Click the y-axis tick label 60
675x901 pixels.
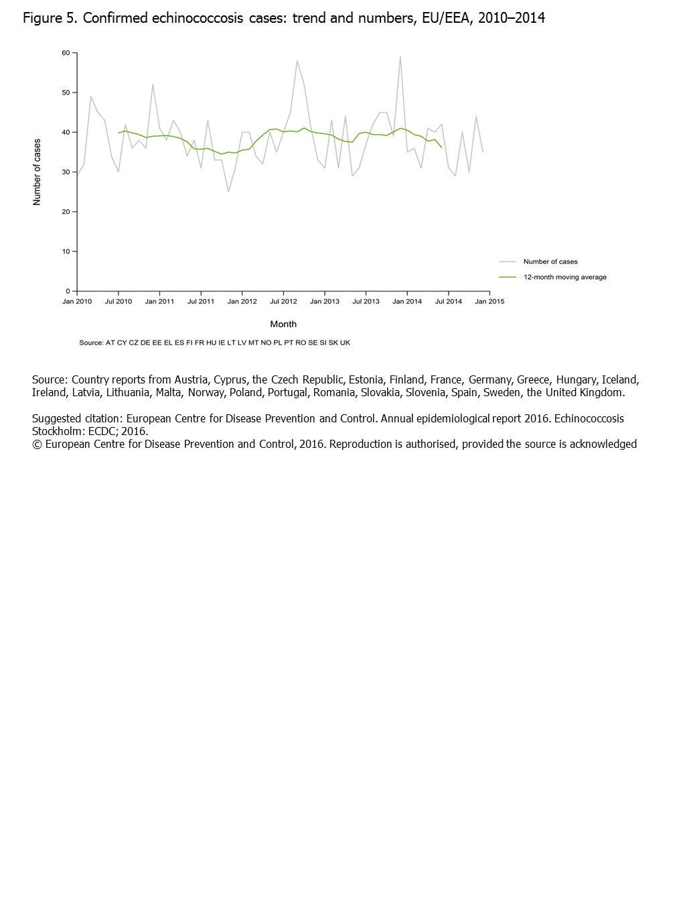point(66,53)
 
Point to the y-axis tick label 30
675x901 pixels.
point(66,172)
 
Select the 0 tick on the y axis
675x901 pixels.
point(68,292)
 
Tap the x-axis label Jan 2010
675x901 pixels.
point(77,302)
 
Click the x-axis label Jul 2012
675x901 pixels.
point(283,302)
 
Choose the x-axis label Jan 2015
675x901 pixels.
point(490,302)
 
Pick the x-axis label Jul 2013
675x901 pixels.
point(366,302)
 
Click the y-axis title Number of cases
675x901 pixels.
point(37,172)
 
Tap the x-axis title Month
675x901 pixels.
point(283,324)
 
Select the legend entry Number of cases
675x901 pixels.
point(550,262)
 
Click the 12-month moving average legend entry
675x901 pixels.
point(565,278)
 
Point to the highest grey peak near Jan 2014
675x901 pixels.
point(400,57)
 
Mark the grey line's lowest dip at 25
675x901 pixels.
point(228,192)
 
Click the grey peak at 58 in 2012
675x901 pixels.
point(297,61)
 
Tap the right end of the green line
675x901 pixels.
point(442,147)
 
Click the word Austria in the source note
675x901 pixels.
point(192,380)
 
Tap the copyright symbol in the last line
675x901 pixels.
point(37,444)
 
